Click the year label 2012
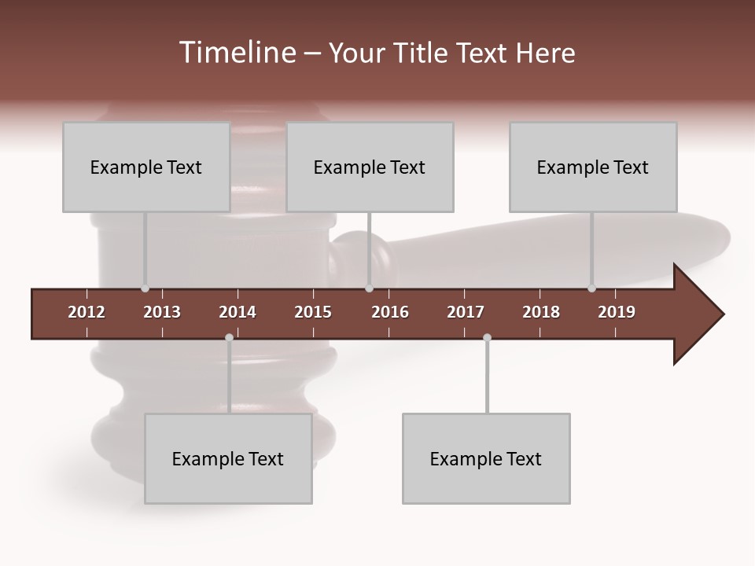(x=87, y=312)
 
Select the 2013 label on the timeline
(x=162, y=312)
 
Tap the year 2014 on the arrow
(x=238, y=312)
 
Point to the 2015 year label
(x=313, y=312)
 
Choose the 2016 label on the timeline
(x=390, y=312)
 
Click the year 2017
(x=466, y=312)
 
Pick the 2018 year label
(x=541, y=312)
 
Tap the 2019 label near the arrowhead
(x=617, y=312)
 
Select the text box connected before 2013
(x=146, y=167)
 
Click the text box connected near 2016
(x=370, y=167)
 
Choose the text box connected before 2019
(x=593, y=167)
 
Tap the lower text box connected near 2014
(x=228, y=458)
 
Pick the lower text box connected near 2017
(x=486, y=458)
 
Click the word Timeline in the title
(x=236, y=53)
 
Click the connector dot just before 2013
(x=145, y=289)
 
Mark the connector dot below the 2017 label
(x=487, y=338)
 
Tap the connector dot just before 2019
(x=591, y=289)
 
